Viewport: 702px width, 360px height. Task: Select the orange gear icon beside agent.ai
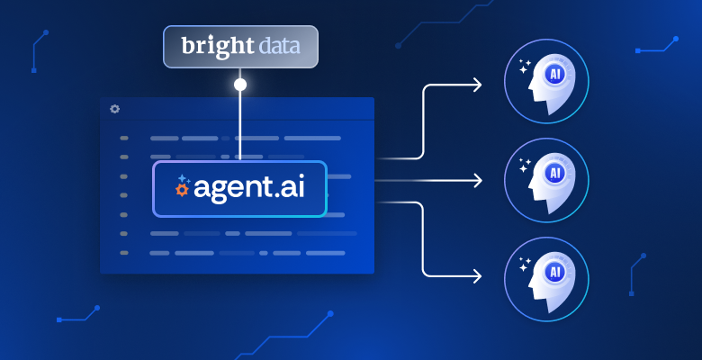[182, 190]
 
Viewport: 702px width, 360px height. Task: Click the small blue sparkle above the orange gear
[182, 178]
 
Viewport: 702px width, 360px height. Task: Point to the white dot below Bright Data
[240, 85]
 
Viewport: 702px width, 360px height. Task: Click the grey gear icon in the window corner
[114, 109]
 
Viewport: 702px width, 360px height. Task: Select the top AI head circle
[547, 81]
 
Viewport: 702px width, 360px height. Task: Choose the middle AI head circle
[547, 180]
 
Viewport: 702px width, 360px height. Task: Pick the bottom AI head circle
[547, 279]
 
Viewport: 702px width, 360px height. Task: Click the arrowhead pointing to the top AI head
[476, 85]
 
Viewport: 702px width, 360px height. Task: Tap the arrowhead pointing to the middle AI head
[476, 181]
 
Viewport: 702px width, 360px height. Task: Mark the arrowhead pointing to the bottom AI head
[476, 273]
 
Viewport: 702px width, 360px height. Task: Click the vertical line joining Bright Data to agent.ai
[240, 126]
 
